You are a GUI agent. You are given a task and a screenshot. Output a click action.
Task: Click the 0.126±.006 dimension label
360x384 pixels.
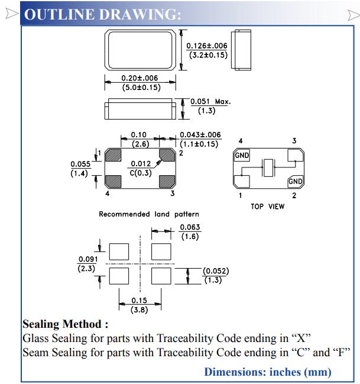pos(207,46)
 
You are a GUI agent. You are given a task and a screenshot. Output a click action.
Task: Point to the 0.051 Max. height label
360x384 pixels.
pos(210,102)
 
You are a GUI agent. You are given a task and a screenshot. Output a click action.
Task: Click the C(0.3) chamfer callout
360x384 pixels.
pos(140,173)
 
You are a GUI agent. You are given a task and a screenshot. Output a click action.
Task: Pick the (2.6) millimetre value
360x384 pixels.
pos(139,144)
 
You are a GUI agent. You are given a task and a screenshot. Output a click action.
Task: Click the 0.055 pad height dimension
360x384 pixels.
pos(80,164)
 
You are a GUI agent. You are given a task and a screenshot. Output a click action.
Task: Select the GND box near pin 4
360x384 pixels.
pos(242,156)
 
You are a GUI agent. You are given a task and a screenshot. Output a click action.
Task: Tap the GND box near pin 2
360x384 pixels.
pos(296,181)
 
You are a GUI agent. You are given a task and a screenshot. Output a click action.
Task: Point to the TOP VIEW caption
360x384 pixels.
pos(267,206)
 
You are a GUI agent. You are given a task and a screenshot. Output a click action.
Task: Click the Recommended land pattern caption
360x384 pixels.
pos(149,214)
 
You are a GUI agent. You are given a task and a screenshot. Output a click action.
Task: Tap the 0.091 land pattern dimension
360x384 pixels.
pos(87,259)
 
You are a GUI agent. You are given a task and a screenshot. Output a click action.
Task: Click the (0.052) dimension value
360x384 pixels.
pos(215,271)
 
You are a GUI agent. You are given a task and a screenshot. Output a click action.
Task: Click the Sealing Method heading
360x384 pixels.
pos(65,324)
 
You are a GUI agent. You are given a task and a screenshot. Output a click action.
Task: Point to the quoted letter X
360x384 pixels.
pos(301,338)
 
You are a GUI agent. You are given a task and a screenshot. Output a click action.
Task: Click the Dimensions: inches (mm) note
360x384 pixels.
pos(267,372)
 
